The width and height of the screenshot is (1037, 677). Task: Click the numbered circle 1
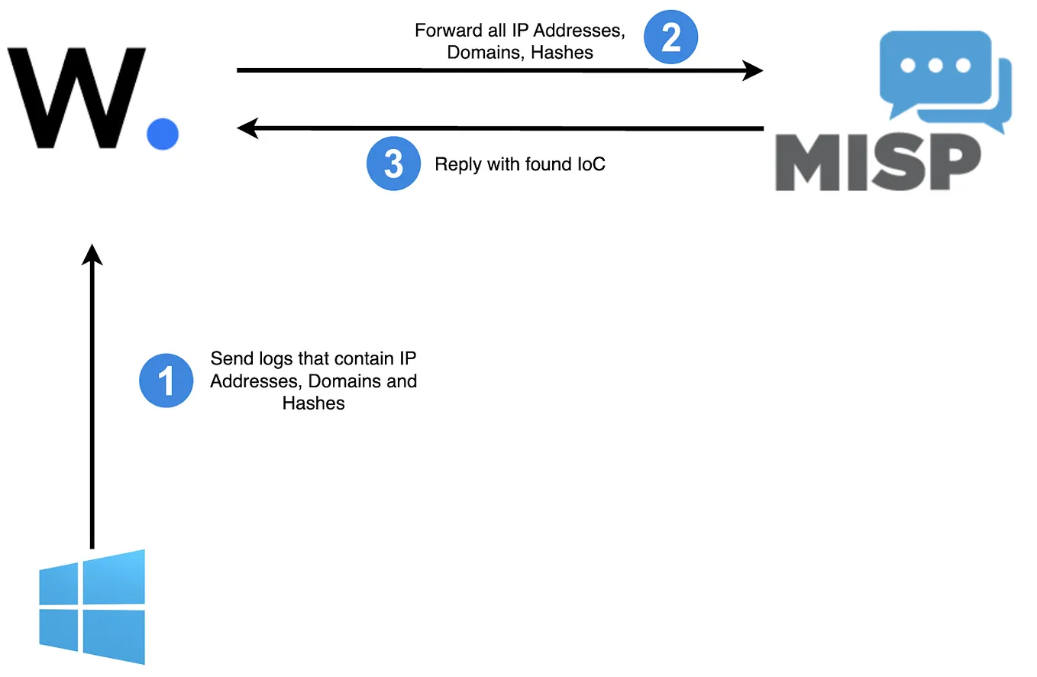(x=166, y=381)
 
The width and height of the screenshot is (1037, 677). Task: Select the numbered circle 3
(x=393, y=164)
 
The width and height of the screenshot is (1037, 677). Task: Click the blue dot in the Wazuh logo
(x=163, y=134)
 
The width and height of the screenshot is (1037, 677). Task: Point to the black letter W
(x=76, y=98)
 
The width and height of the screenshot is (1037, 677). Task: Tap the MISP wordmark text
(x=878, y=163)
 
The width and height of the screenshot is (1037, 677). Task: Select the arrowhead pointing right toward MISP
(x=753, y=70)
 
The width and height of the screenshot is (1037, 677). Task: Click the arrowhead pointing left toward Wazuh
(x=247, y=128)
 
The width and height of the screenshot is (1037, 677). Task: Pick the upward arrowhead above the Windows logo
(x=92, y=255)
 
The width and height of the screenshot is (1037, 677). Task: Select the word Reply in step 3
(x=453, y=164)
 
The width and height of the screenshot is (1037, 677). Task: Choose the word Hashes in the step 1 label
(x=313, y=403)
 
